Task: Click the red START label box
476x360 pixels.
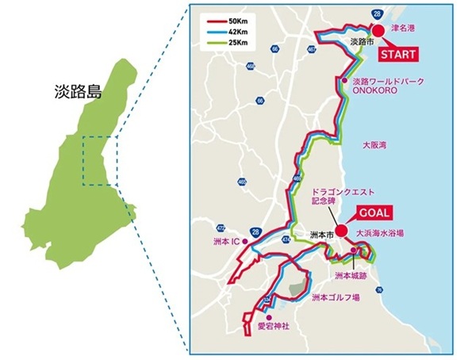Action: coord(396,56)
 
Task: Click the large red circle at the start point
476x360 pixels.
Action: coord(378,31)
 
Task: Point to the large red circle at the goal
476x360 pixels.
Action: coord(341,231)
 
